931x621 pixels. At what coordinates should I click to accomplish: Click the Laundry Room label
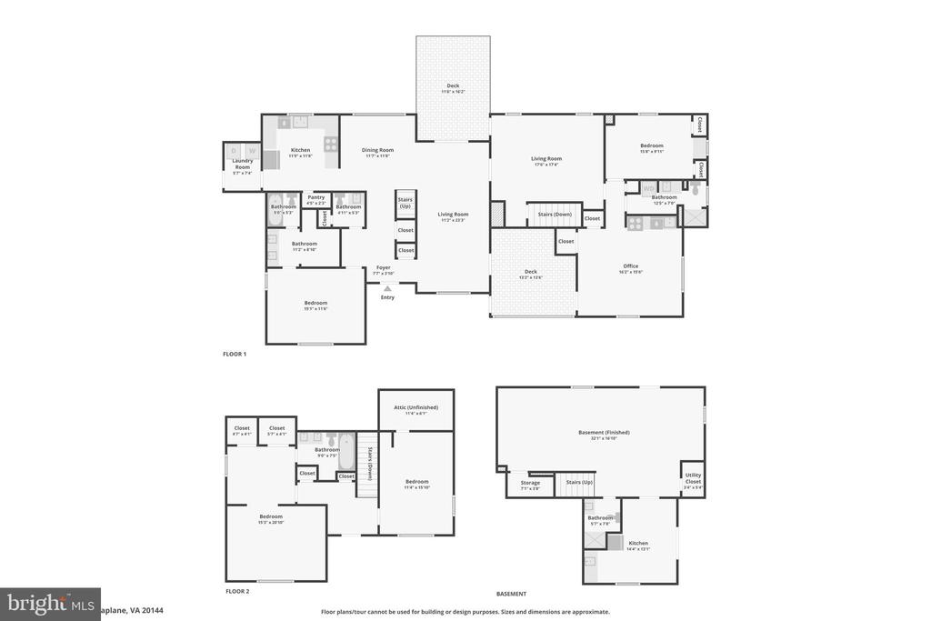coord(242,165)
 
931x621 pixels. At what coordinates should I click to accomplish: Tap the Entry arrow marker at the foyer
coord(387,289)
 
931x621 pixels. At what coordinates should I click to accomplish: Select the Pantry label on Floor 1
coord(316,196)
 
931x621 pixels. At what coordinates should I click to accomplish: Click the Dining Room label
coord(377,150)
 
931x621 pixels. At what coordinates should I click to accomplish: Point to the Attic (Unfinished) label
coord(416,407)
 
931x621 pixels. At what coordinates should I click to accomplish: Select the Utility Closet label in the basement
coord(693,478)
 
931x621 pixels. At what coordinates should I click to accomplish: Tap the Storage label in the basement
coord(530,483)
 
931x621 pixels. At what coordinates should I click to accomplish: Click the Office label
coord(631,266)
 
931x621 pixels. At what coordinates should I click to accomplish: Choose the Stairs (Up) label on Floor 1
coord(405,202)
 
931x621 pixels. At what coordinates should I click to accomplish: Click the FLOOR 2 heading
coord(237,591)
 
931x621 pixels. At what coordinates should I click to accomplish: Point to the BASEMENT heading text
coord(511,593)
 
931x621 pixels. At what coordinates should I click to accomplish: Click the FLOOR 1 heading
coord(235,353)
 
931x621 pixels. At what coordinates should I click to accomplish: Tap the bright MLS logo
coord(37,603)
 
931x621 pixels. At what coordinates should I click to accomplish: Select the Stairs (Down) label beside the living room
coord(555,214)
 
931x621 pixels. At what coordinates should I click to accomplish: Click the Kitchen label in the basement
coord(638,543)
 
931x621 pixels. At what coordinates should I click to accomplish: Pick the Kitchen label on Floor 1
coord(300,150)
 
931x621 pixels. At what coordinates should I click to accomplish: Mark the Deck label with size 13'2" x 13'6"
coord(531,272)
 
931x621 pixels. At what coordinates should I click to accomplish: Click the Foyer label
coord(383,267)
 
